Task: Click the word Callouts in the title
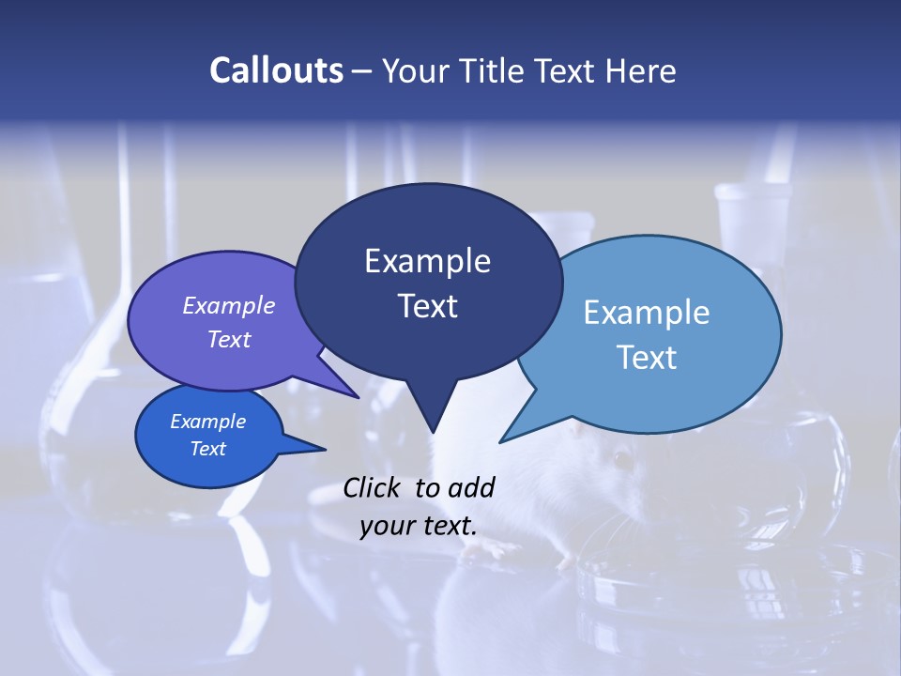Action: (x=276, y=70)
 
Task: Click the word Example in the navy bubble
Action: (x=427, y=261)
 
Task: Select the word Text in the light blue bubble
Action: (x=647, y=358)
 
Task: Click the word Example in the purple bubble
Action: (x=229, y=305)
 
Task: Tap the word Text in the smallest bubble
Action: (x=208, y=449)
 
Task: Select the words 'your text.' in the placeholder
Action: (x=419, y=526)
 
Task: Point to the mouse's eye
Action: (x=622, y=460)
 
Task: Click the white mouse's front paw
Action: (x=563, y=563)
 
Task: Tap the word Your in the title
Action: (x=418, y=70)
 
